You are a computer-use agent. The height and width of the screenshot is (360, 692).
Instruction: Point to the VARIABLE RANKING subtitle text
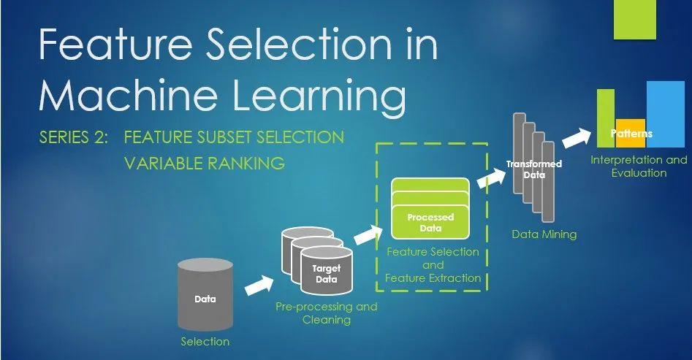click(x=204, y=163)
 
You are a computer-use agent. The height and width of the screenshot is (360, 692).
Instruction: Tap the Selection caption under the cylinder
click(x=205, y=341)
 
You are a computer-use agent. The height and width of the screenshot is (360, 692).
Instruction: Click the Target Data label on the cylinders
click(x=326, y=274)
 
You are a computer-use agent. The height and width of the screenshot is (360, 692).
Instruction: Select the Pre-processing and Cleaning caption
click(x=326, y=313)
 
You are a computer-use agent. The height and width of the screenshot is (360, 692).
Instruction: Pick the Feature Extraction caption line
click(x=433, y=277)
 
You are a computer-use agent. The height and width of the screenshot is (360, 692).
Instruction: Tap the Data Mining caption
click(x=544, y=234)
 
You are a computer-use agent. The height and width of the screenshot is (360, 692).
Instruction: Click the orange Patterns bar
click(x=631, y=134)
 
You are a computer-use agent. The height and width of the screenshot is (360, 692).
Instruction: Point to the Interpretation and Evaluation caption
click(x=639, y=166)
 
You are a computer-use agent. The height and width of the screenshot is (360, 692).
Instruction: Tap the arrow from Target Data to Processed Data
click(x=368, y=236)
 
